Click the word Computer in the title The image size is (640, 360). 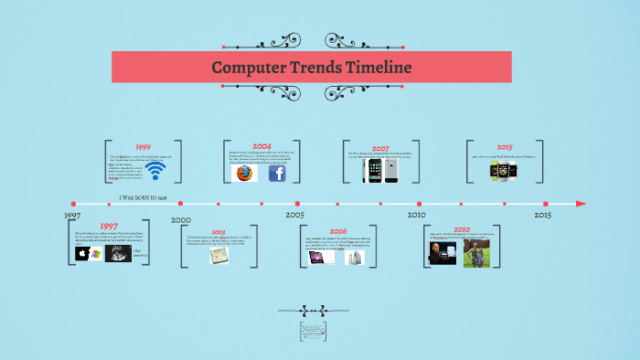246,68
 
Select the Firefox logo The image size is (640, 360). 243,172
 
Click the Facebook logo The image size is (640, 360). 277,172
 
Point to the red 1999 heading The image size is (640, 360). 143,146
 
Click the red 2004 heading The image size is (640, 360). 261,146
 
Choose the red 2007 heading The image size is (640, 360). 380,147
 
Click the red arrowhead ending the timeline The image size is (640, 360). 580,203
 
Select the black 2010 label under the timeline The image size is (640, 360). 416,215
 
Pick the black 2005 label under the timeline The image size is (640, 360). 294,215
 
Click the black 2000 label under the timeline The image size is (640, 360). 180,220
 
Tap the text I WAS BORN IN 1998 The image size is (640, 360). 143,197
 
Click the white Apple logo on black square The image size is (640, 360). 82,253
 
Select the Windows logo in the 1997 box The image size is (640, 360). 96,253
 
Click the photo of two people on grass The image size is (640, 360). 475,253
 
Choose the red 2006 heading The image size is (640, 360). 337,232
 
